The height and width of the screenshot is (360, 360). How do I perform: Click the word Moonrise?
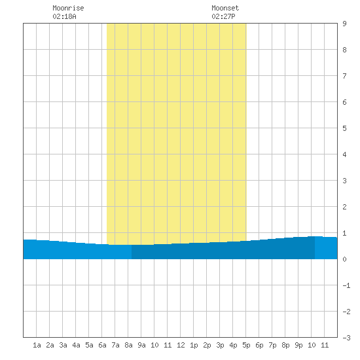[68, 8]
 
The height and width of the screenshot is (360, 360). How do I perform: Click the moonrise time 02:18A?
[64, 16]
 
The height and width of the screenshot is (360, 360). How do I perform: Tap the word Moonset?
[225, 8]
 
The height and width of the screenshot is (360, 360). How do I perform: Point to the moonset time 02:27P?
[223, 16]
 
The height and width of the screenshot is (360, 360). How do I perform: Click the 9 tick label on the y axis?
[344, 24]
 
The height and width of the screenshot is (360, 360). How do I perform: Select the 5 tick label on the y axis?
[344, 128]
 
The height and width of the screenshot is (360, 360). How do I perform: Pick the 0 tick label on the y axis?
[344, 259]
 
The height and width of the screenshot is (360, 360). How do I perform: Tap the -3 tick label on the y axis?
[346, 338]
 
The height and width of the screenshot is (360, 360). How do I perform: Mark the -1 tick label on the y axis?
[346, 285]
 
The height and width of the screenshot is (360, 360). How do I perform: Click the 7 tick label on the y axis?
[344, 76]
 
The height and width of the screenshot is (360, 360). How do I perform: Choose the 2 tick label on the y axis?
[344, 207]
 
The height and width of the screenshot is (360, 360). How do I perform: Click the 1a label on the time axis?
[37, 345]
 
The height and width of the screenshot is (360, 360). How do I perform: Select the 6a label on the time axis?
[102, 345]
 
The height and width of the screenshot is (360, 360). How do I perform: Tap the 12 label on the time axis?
[181, 345]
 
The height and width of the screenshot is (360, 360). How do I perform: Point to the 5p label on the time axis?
[246, 345]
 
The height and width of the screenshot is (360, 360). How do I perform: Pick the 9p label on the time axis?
[298, 345]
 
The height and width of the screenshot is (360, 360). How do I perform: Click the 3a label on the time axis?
[63, 345]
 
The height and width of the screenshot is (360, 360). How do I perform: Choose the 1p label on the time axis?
[194, 345]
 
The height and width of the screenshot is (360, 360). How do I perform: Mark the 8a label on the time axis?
[128, 345]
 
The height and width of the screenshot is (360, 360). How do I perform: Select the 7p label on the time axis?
[272, 345]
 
